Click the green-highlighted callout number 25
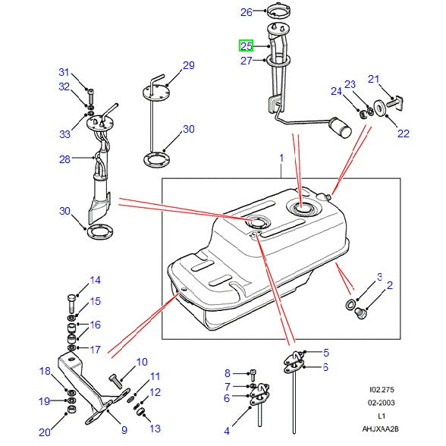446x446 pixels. click(x=247, y=46)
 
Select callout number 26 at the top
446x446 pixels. click(x=246, y=12)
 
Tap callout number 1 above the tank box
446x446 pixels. click(x=281, y=159)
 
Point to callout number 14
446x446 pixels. click(x=95, y=281)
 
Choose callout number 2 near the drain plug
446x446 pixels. click(x=390, y=285)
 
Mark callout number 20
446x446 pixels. click(x=45, y=432)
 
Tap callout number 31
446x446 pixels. click(x=64, y=72)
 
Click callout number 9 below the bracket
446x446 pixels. click(x=124, y=430)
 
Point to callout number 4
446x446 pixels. click(x=227, y=430)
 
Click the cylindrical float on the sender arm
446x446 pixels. click(x=347, y=127)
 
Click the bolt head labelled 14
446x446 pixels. click(x=71, y=296)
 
